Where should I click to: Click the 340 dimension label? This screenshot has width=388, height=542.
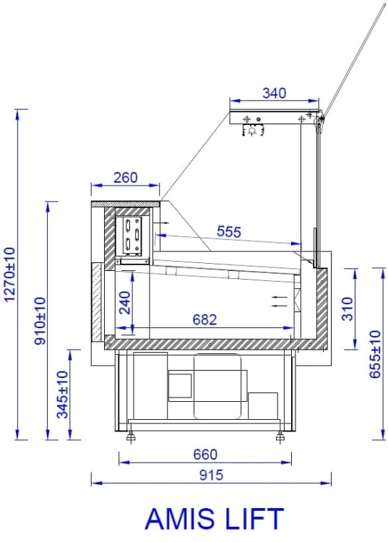coord(274,93)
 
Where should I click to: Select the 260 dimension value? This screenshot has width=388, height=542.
coord(126,177)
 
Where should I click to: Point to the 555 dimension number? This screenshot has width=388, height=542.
coord(229,231)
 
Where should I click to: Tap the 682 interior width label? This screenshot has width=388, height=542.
coord(204,319)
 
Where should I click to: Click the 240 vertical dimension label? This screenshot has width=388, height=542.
coord(125,303)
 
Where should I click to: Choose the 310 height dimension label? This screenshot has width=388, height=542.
coord(348,309)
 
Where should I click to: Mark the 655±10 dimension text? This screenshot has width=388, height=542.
coord(375,354)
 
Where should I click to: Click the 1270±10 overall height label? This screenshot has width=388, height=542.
coord(9,275)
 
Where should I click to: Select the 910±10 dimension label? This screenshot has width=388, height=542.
coord(40,321)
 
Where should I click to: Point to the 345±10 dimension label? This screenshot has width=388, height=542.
coord(63,395)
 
